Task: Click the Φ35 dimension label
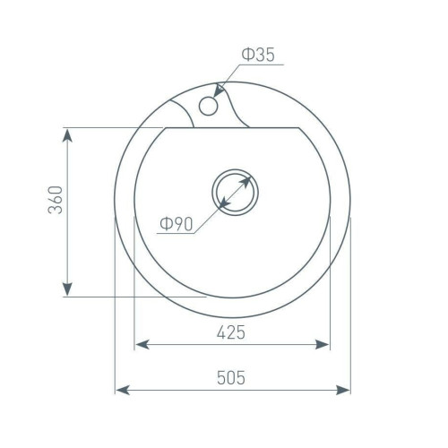[x=258, y=55]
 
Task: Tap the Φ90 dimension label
[x=177, y=224]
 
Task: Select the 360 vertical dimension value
[x=56, y=200]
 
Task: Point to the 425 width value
[x=231, y=332]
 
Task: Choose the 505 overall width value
[x=231, y=377]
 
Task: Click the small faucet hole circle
[x=209, y=106]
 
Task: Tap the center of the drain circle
[x=235, y=192]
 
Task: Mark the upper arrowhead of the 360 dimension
[x=68, y=136]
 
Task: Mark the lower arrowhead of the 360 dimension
[x=68, y=289]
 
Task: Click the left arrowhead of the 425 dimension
[x=142, y=345]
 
